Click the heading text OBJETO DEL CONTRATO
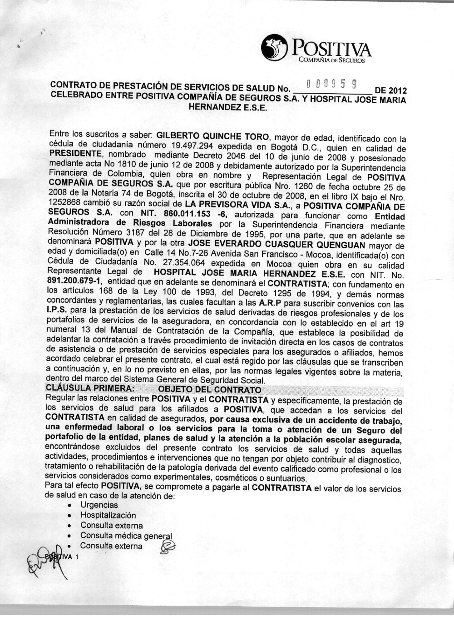pyautogui.click(x=209, y=389)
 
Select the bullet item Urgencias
pyautogui.click(x=99, y=505)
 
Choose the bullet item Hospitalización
pyautogui.click(x=108, y=515)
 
